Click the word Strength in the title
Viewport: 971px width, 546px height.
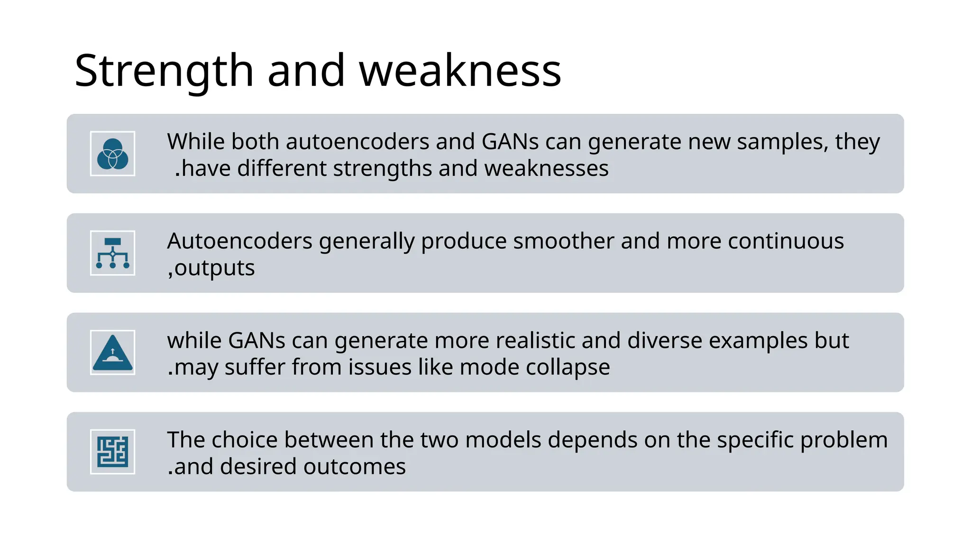pos(164,71)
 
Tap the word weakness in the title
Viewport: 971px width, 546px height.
pos(460,71)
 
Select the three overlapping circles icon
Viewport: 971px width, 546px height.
pos(112,154)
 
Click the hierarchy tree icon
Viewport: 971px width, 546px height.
pos(112,253)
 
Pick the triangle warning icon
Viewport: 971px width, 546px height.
pos(112,353)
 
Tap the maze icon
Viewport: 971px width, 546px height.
pos(112,452)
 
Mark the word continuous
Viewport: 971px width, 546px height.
pos(786,241)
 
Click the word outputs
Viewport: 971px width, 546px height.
pos(214,268)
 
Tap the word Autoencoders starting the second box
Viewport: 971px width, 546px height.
pos(239,241)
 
